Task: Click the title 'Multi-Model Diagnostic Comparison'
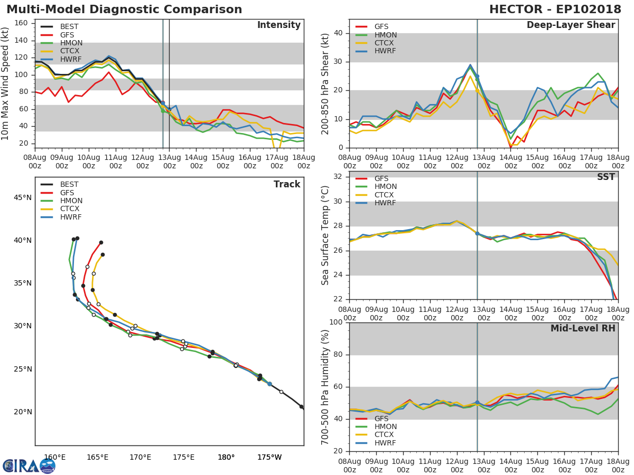point(124,9)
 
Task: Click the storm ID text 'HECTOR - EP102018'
point(555,9)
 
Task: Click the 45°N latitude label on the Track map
point(22,198)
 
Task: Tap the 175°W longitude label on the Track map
point(269,457)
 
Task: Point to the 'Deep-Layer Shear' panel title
point(571,25)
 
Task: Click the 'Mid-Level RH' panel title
point(583,328)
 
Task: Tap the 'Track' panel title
point(286,184)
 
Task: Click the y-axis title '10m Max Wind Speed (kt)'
point(6,84)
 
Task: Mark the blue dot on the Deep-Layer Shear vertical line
point(477,76)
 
